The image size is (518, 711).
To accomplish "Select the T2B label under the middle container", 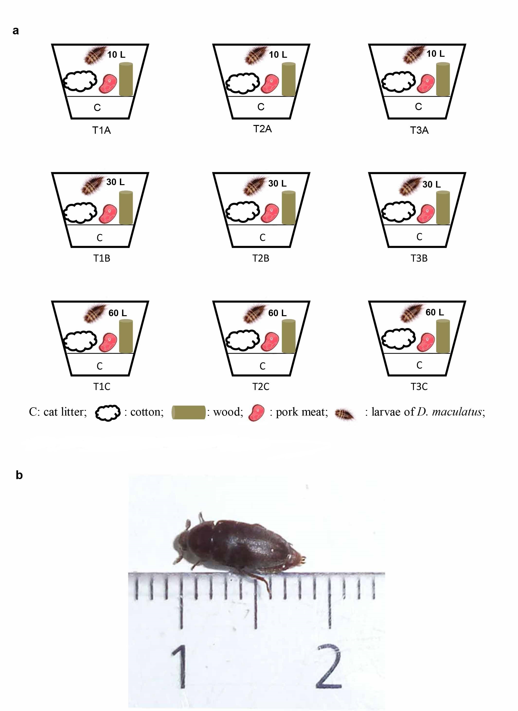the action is click(261, 258).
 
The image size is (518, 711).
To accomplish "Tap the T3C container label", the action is click(419, 386).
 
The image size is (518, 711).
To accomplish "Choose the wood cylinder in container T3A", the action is click(443, 79).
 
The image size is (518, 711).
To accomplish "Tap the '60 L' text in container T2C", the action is click(277, 313).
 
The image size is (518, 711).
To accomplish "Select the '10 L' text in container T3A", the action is click(436, 54).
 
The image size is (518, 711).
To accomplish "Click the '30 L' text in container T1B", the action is click(115, 182).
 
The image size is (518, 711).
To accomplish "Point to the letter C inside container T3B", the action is click(419, 237).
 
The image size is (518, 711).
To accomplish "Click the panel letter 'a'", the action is click(16, 31).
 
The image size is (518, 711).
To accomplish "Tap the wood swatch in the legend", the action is click(188, 412).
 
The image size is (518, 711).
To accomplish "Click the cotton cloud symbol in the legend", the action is click(107, 413).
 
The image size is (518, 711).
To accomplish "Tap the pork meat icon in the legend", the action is click(256, 412).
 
